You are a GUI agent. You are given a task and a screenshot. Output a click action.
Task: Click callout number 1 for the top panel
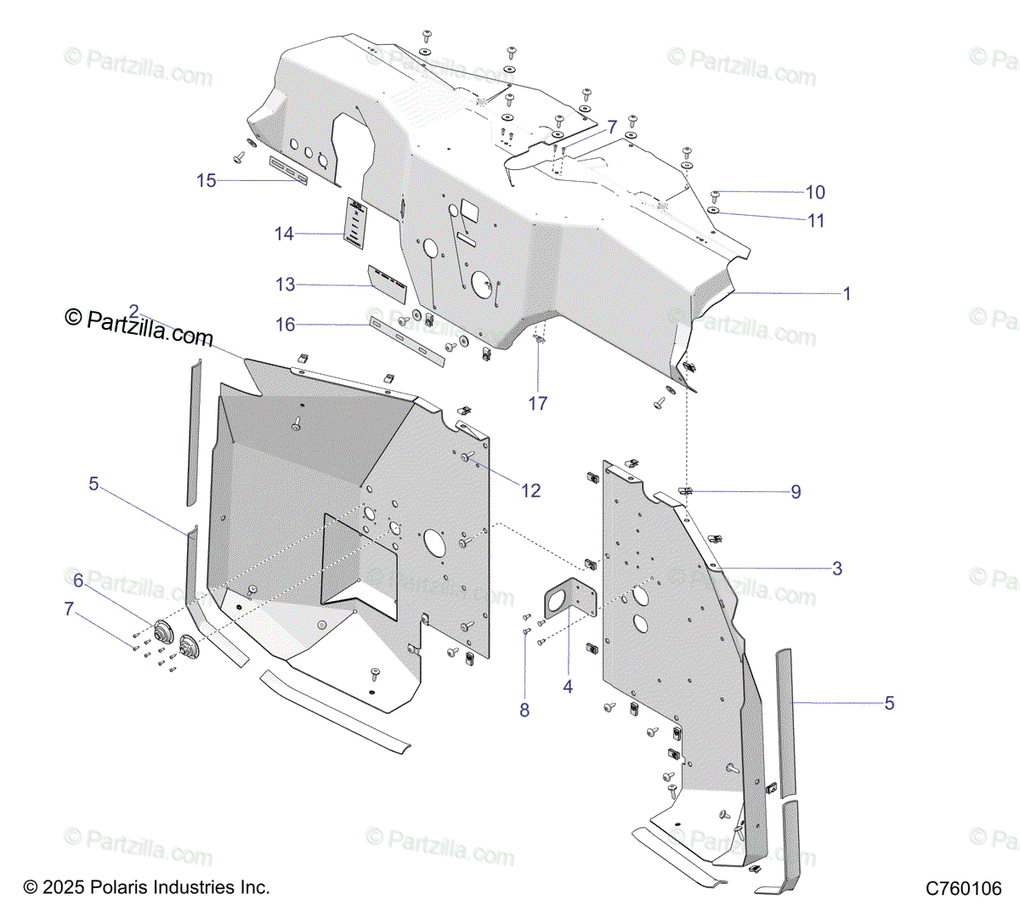(x=847, y=294)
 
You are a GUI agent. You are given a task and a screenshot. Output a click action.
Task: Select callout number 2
(x=133, y=311)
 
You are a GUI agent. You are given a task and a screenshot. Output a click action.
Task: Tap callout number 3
(x=837, y=569)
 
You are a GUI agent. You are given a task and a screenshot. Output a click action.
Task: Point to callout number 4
(x=568, y=687)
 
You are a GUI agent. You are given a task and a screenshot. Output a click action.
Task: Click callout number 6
(x=78, y=580)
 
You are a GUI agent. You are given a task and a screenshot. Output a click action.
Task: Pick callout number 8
(x=524, y=710)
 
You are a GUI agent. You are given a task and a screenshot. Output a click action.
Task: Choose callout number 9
(x=796, y=492)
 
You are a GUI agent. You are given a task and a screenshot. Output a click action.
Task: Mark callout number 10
(x=815, y=193)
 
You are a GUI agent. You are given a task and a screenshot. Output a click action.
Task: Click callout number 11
(x=816, y=221)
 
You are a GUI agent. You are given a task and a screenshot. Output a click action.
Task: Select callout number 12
(x=530, y=490)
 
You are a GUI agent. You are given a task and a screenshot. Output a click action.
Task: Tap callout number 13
(x=286, y=285)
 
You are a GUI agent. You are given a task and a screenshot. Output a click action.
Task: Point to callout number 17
(x=538, y=404)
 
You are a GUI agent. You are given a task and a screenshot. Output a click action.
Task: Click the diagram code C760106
(x=964, y=889)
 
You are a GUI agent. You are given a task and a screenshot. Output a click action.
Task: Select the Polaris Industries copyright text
(x=147, y=887)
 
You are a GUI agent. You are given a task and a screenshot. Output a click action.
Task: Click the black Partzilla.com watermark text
(x=139, y=326)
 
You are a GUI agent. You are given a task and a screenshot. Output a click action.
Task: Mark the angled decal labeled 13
(x=388, y=282)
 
